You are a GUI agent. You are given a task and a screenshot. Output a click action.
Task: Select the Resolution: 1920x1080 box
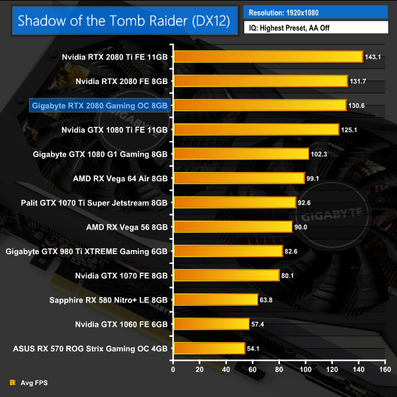click(316, 13)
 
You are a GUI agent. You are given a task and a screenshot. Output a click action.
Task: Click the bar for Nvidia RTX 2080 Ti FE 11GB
click(267, 57)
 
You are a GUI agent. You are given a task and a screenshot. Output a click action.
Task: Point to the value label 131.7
click(357, 81)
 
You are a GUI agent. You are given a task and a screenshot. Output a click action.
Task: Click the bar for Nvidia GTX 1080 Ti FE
click(255, 130)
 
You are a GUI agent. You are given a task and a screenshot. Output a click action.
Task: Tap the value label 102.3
click(319, 154)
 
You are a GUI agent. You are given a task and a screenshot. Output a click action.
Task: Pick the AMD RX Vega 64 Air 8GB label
click(122, 178)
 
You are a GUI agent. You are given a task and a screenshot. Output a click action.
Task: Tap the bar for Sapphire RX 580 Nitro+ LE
click(214, 300)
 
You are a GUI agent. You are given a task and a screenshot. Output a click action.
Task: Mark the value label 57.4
click(259, 324)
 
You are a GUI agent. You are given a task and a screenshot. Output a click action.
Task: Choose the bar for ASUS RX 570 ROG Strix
click(208, 348)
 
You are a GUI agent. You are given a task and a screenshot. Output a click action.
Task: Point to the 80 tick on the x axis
click(279, 370)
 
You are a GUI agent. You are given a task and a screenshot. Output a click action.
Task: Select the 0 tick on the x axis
click(173, 370)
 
